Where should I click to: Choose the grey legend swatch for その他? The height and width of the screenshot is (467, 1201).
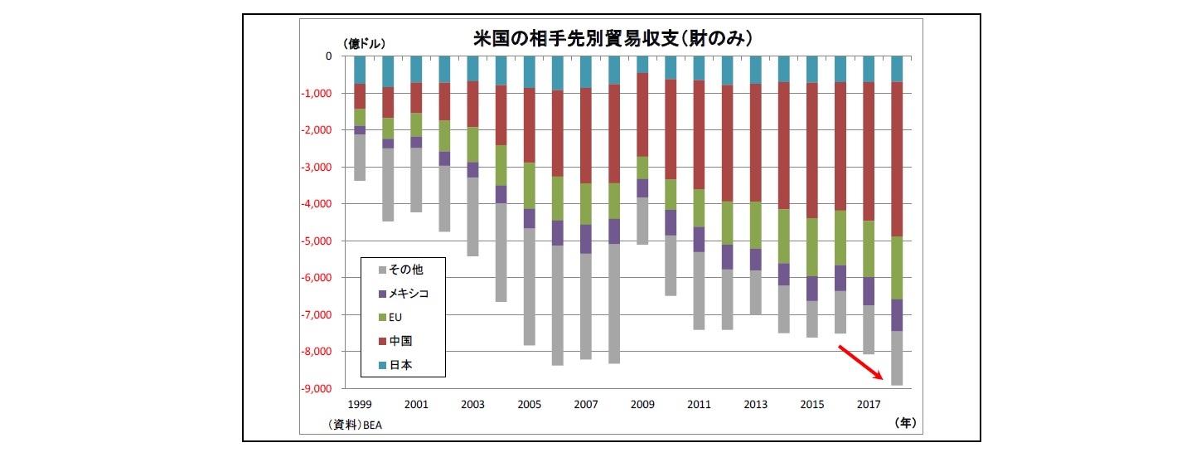pyautogui.click(x=381, y=269)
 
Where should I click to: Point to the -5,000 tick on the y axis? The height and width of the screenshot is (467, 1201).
pyautogui.click(x=315, y=241)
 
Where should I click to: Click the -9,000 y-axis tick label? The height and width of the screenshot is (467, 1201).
pyautogui.click(x=315, y=389)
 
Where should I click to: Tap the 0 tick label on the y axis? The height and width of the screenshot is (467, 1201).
pyautogui.click(x=328, y=56)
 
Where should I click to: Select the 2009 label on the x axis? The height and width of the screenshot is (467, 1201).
pyautogui.click(x=642, y=405)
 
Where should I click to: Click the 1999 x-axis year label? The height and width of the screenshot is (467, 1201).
pyautogui.click(x=360, y=405)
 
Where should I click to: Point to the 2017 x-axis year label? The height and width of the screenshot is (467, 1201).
pyautogui.click(x=869, y=405)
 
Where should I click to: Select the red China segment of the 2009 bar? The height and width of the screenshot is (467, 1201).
pyautogui.click(x=642, y=114)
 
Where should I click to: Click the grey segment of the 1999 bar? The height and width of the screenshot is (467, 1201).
pyautogui.click(x=360, y=157)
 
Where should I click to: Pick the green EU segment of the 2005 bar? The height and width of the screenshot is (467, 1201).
pyautogui.click(x=530, y=185)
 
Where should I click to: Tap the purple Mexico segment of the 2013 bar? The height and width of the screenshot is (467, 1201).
pyautogui.click(x=755, y=260)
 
